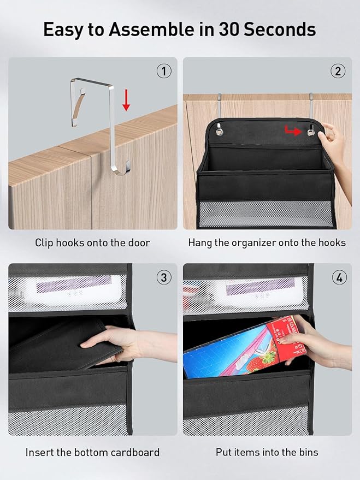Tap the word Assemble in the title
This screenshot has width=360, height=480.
tap(151, 29)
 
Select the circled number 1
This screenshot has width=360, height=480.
tap(164, 72)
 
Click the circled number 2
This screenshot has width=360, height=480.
tap(338, 72)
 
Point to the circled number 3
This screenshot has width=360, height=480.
tap(164, 277)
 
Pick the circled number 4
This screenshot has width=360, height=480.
tap(339, 277)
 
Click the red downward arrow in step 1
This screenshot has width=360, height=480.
tap(126, 100)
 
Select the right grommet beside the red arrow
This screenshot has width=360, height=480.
tap(311, 132)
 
